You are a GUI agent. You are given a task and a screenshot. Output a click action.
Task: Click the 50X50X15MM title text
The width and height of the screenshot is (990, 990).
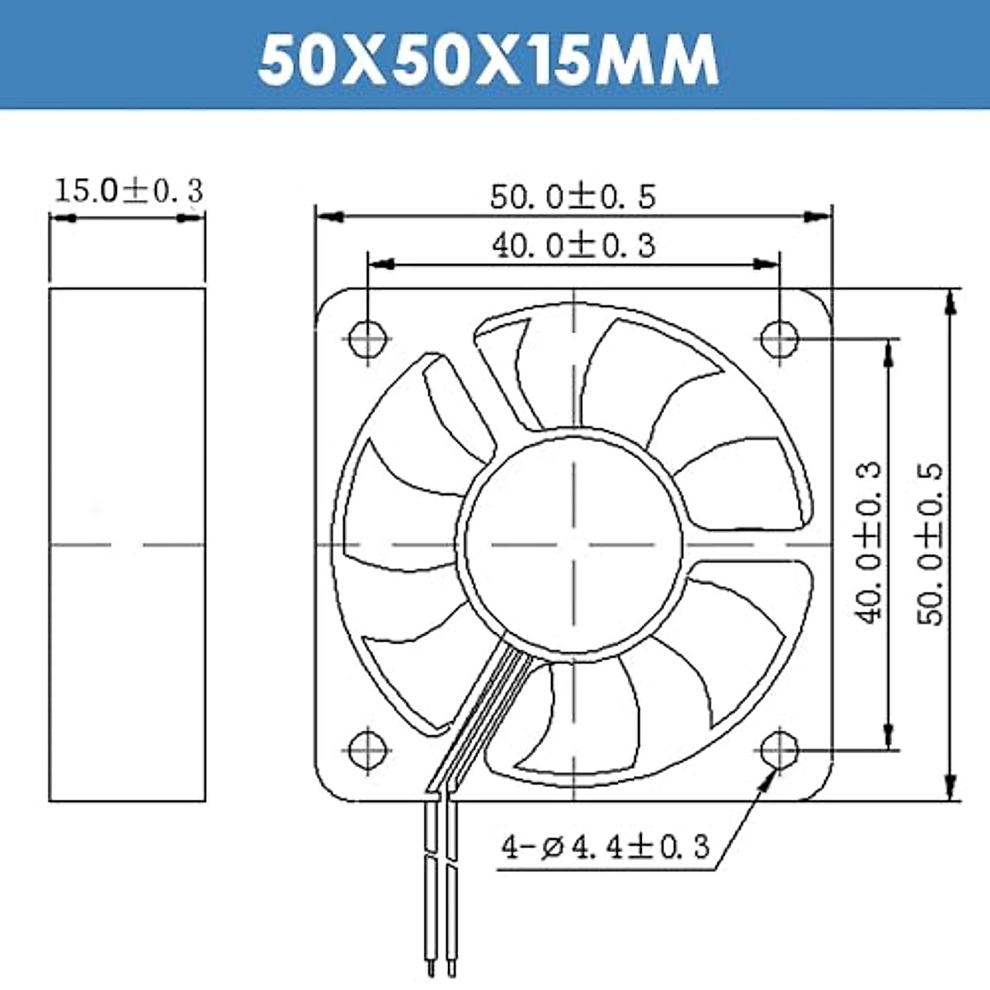tap(488, 61)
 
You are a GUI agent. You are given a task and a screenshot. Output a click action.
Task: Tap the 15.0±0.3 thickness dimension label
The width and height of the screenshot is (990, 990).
tap(128, 191)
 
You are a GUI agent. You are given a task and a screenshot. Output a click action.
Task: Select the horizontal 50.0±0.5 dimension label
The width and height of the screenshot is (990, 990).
tap(573, 197)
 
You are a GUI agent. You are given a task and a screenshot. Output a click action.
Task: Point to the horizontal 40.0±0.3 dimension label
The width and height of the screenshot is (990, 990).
tap(573, 245)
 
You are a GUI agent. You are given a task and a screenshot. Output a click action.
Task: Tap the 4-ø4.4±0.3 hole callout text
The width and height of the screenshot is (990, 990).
tap(606, 846)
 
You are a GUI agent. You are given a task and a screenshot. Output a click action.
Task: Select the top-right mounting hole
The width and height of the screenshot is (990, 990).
tap(779, 337)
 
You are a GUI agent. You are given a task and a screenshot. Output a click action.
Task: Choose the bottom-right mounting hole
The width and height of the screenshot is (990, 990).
tap(779, 750)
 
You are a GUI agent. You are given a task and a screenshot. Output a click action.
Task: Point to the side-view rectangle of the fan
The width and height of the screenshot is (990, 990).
tap(127, 544)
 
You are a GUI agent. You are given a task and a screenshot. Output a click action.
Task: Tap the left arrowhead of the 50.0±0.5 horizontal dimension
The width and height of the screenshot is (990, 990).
tap(328, 217)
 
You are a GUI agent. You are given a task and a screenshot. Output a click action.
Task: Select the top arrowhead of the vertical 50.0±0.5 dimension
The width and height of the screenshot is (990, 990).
tap(951, 301)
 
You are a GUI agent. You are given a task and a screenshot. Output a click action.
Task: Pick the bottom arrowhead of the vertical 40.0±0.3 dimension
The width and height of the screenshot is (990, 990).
tap(889, 736)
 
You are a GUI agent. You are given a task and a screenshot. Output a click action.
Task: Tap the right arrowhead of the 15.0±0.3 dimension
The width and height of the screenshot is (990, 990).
tap(191, 219)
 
